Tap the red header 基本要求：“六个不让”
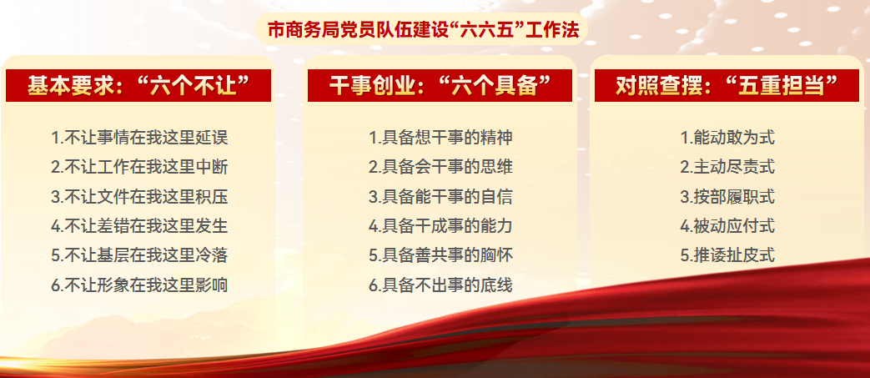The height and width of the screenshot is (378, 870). pos(138,85)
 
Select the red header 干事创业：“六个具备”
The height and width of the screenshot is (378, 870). pos(440,85)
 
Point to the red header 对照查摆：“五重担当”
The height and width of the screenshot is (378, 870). pos(727,85)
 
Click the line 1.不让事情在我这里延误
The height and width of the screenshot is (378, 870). pos(139,137)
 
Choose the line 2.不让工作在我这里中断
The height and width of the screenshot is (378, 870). pos(139,167)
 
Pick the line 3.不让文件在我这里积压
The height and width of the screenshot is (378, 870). pos(139,196)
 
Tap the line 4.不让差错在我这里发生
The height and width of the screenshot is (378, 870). pos(139,226)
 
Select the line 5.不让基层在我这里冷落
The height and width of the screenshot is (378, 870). pos(139,255)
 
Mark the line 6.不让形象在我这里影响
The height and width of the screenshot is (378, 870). pos(139,285)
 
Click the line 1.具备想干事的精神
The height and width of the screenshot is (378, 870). pos(440,137)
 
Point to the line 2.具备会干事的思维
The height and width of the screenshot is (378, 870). pos(440,167)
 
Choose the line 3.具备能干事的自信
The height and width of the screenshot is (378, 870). pos(440,196)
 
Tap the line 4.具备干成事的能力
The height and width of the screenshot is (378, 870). pos(440,226)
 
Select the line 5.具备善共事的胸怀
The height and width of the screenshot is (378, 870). pos(440,255)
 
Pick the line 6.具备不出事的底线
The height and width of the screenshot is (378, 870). pos(440,285)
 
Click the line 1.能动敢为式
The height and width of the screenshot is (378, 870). pos(727,137)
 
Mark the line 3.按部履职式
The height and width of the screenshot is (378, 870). pos(727,196)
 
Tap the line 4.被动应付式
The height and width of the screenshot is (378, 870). pos(727,226)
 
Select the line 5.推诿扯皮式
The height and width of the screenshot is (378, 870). pos(727,255)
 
